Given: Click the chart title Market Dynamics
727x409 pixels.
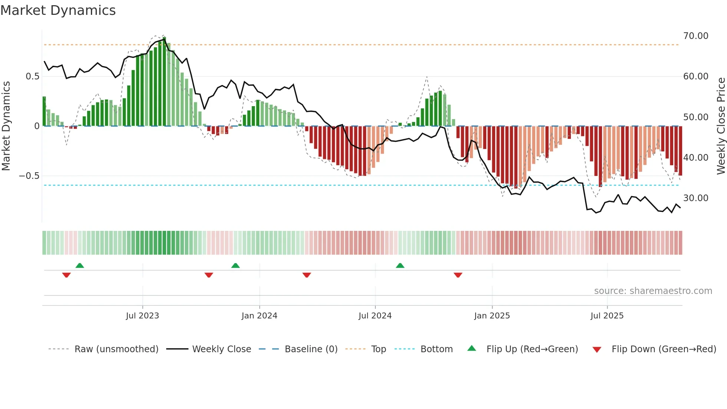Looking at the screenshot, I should tap(58, 10).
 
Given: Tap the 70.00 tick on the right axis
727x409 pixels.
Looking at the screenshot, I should tap(695, 36).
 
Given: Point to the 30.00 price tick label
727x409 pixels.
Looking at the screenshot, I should tap(695, 198).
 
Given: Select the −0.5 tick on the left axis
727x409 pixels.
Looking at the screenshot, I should tap(29, 176).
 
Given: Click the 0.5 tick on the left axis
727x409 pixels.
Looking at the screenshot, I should tap(32, 76).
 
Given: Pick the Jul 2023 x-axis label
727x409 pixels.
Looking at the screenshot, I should tap(142, 316).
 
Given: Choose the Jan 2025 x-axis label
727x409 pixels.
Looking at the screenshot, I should tap(492, 316).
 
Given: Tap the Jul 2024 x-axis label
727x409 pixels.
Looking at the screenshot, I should tap(375, 316).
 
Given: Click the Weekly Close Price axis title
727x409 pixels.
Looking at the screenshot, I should tap(721, 126).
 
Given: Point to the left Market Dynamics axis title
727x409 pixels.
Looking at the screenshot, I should tap(6, 126).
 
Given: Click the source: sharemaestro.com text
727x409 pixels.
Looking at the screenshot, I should tap(653, 291).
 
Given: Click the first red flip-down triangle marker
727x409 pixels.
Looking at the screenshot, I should tap(66, 275).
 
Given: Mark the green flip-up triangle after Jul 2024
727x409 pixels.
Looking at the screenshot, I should tap(400, 265).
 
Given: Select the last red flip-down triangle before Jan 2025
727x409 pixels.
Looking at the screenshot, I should tap(458, 275).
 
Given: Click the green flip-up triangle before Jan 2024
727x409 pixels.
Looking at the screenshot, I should tap(235, 265).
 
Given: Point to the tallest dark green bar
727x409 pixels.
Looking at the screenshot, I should tap(164, 82).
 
